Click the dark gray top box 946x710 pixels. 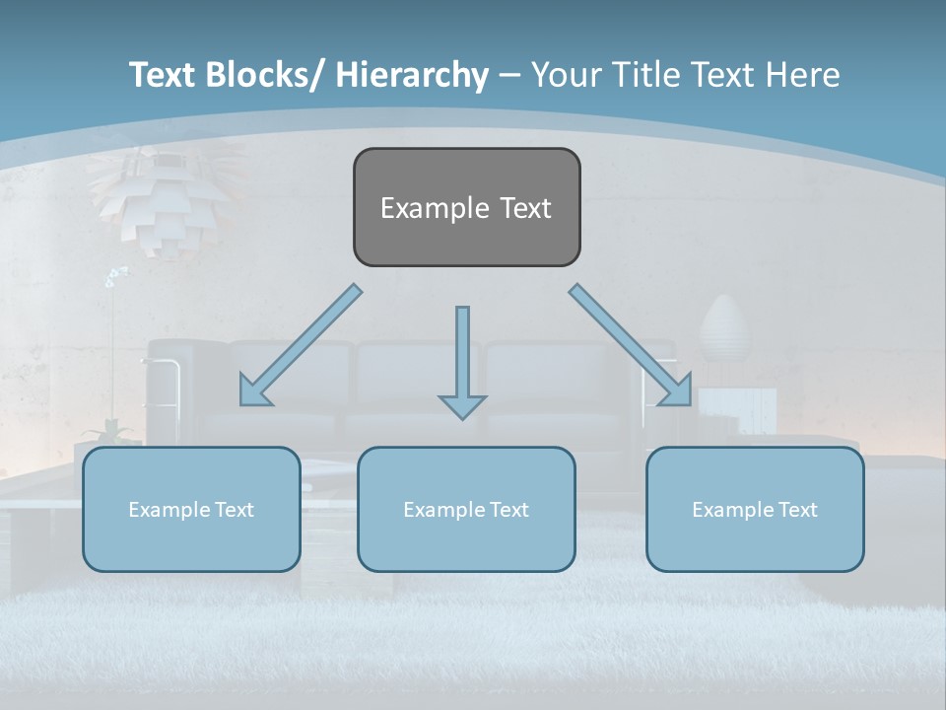tap(466, 207)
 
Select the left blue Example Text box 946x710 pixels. tap(191, 509)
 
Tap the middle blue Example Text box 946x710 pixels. tap(466, 509)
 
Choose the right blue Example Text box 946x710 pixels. tap(755, 509)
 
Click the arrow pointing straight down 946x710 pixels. tap(462, 360)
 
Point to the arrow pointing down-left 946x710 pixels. tap(301, 345)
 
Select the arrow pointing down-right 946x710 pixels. tap(631, 345)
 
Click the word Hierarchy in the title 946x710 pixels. tap(412, 75)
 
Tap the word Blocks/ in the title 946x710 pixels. tap(264, 75)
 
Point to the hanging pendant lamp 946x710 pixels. tap(164, 202)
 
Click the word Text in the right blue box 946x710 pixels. tap(797, 509)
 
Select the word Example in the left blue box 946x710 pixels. tap(169, 510)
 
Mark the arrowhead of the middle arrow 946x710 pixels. tap(462, 405)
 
